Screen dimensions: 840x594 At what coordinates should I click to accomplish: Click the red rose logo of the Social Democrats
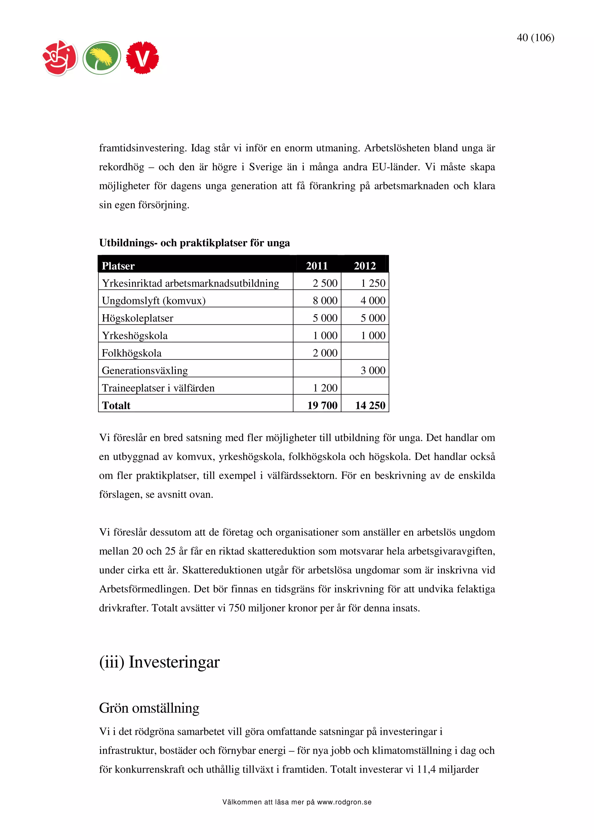60,58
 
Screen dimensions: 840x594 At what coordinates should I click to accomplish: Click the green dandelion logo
102,58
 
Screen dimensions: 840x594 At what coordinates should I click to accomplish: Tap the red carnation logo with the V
142,58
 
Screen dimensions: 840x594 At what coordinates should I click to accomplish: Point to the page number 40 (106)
535,38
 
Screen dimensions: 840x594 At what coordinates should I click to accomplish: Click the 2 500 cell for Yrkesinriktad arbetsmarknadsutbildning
325,283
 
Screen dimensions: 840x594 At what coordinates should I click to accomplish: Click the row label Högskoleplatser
137,318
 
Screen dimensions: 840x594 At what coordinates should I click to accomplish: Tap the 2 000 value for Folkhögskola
325,353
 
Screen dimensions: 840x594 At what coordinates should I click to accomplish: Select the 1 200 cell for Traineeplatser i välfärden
325,388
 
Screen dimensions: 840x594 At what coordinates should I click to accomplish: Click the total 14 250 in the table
370,406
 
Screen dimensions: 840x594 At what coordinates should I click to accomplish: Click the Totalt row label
116,406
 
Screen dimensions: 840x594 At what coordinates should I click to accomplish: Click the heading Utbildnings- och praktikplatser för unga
194,243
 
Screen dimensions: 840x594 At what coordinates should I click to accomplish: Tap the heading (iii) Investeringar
159,662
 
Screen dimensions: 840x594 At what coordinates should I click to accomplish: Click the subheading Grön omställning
149,708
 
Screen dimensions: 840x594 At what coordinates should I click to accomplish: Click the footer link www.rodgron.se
344,802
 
